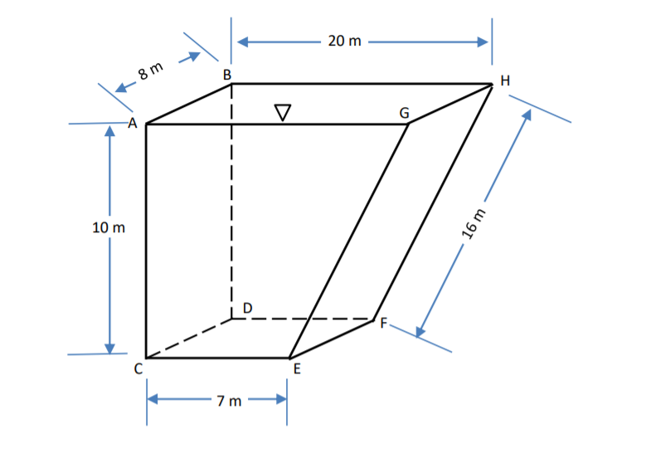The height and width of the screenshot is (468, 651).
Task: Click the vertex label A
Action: pos(131,123)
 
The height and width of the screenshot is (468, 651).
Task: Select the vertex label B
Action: pos(226,75)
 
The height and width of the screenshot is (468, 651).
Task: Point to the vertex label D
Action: pos(246,309)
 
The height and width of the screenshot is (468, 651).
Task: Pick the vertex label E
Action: pos(295,370)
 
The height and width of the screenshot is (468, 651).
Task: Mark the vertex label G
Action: pos(404,113)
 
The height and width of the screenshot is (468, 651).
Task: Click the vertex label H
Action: pos(505,80)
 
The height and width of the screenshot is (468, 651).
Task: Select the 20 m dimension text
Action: pos(344,41)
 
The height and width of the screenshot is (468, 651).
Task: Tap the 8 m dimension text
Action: pos(150,71)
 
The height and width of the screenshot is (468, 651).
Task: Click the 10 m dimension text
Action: pos(108,227)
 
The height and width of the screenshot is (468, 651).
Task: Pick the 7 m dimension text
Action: pos(229,402)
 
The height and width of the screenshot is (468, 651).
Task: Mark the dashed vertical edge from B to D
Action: pos(231,207)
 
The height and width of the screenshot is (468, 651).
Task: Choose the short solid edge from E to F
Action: pos(332,339)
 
